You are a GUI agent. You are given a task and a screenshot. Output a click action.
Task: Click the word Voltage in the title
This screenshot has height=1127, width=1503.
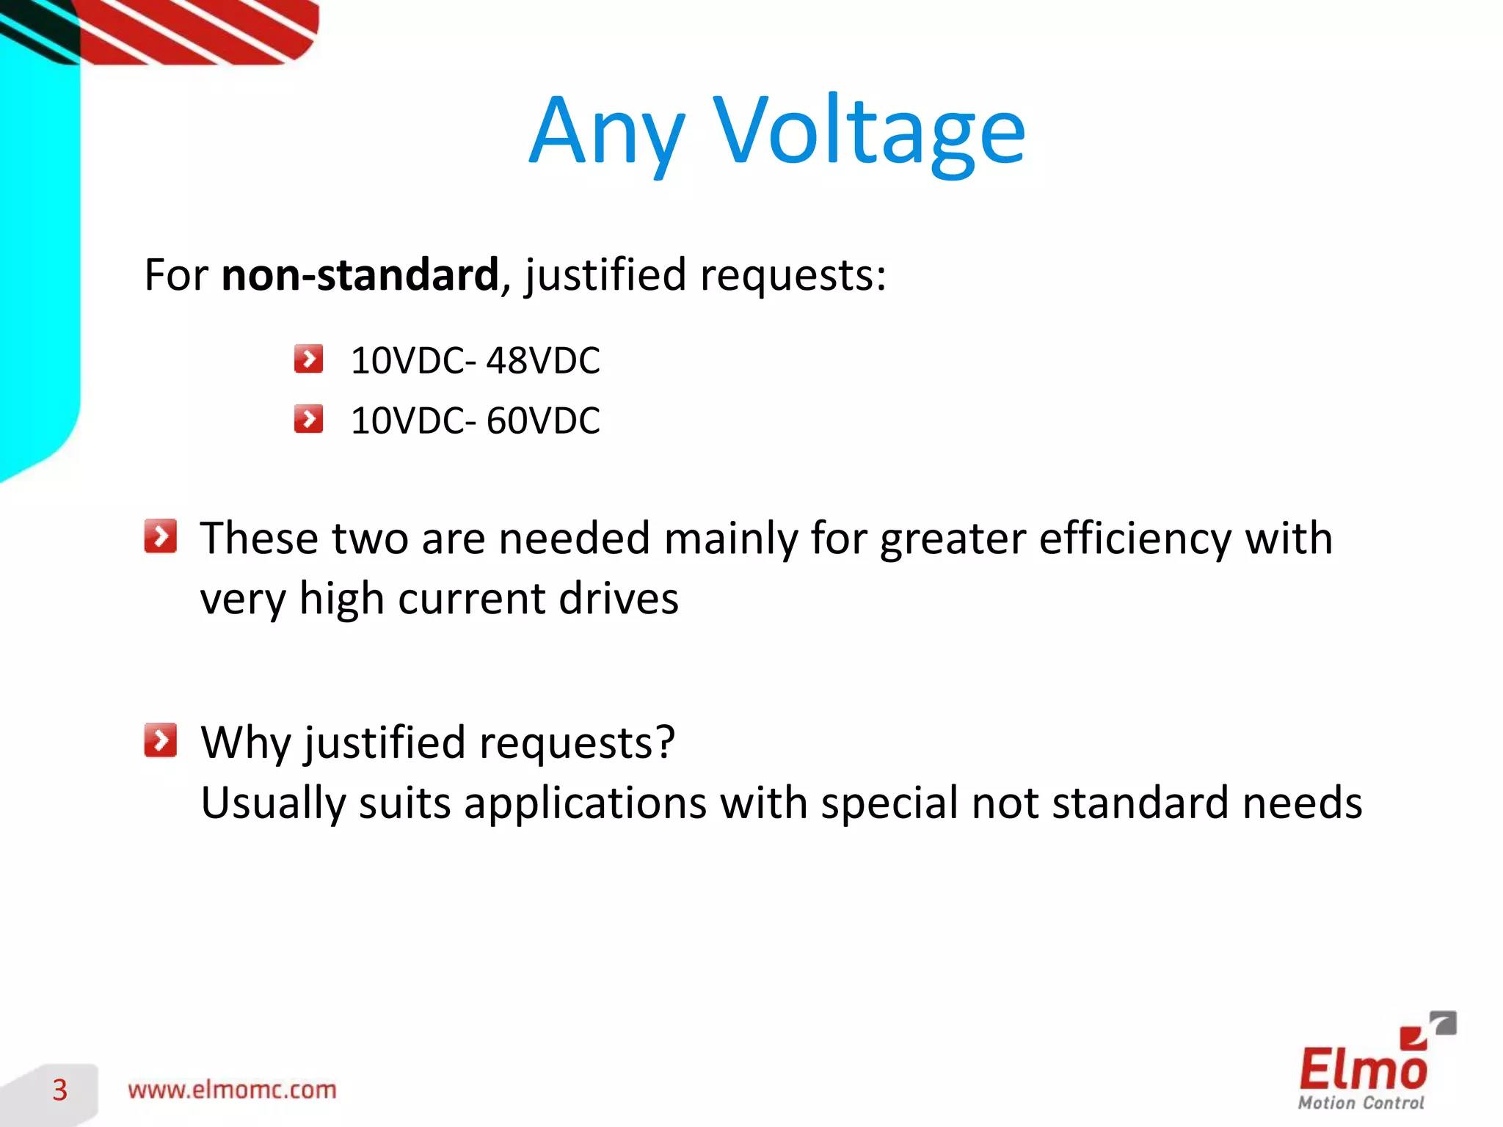click(x=869, y=132)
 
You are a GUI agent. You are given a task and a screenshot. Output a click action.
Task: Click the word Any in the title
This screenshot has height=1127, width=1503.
click(x=607, y=132)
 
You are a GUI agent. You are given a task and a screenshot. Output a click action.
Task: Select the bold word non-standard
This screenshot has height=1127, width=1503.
click(x=360, y=275)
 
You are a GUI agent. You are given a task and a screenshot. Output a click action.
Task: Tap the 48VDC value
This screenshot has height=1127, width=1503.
click(x=543, y=361)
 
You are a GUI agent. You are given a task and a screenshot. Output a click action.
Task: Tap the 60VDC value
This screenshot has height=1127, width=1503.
click(x=543, y=421)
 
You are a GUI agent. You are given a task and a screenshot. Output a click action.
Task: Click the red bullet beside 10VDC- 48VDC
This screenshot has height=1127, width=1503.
click(x=308, y=360)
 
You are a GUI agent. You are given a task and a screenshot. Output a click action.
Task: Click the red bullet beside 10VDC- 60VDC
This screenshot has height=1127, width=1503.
click(x=308, y=420)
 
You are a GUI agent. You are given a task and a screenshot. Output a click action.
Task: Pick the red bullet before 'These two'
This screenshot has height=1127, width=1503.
click(x=160, y=536)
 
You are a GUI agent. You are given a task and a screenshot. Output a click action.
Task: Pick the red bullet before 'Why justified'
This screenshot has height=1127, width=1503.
click(x=160, y=740)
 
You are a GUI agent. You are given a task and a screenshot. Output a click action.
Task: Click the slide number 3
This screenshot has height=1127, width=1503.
click(x=60, y=1090)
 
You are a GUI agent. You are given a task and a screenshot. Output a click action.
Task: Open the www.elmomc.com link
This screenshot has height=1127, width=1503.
click(x=232, y=1090)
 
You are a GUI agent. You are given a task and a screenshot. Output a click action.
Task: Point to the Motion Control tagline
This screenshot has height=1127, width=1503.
click(x=1361, y=1103)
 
